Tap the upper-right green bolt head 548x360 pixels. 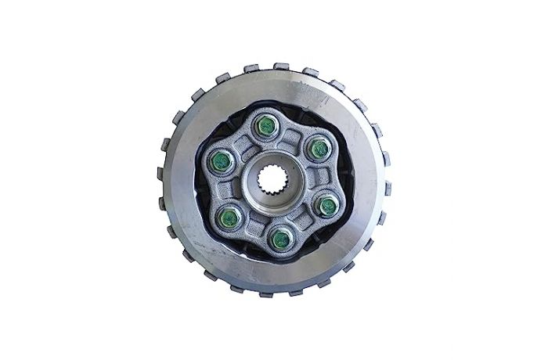click(x=318, y=146)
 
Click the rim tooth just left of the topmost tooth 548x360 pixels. click(x=252, y=68)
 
